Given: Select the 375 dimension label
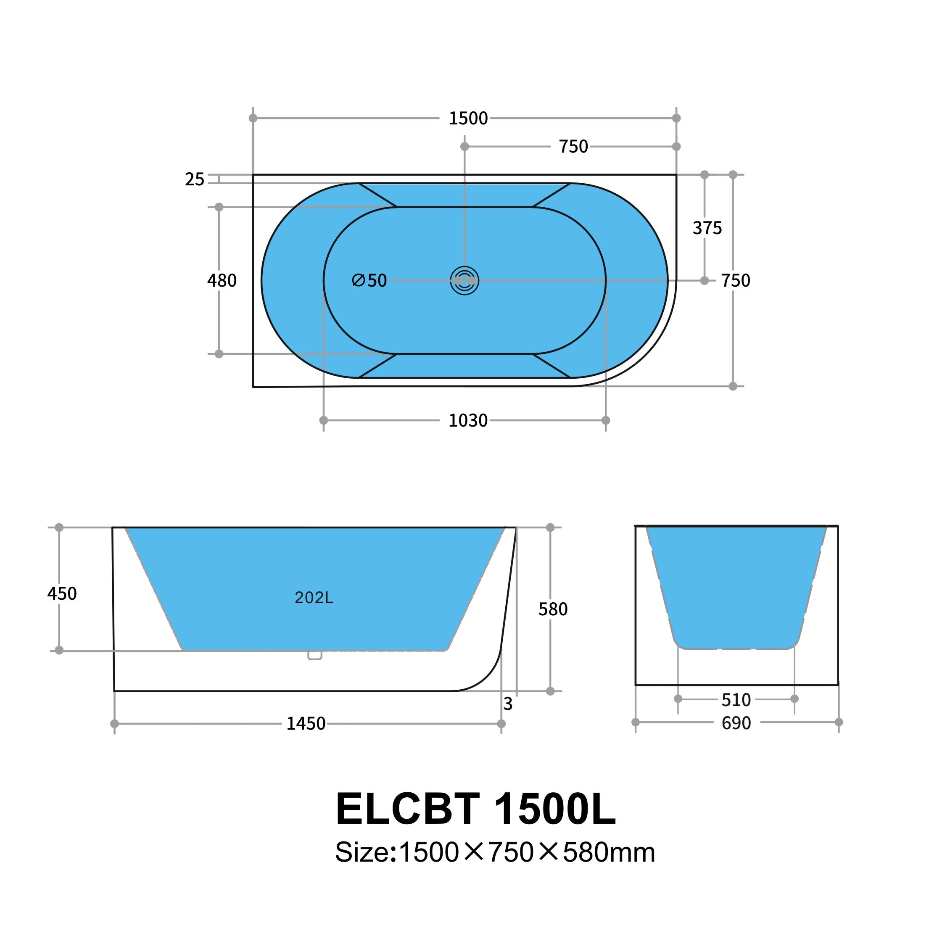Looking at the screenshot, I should point(707,228).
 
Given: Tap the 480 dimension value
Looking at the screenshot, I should point(222,281).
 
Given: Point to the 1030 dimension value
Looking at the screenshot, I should point(467,421).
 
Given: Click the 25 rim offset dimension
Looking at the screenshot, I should point(194,179).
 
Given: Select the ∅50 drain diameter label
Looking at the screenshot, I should point(370,281).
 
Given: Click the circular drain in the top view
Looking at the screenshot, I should point(464,281).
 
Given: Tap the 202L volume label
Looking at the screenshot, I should point(314,598).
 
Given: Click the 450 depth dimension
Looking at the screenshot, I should point(62,594).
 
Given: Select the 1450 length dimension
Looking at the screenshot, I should point(306,724).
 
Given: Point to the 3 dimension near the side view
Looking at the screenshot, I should point(508,704).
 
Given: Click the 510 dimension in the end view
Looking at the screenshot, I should point(736,700).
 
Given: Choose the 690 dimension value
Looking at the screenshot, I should point(736,723).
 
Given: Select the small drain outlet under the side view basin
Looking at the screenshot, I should point(315,655).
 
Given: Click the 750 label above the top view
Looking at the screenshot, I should point(573,147).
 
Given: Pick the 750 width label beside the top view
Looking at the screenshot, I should point(735,281).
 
